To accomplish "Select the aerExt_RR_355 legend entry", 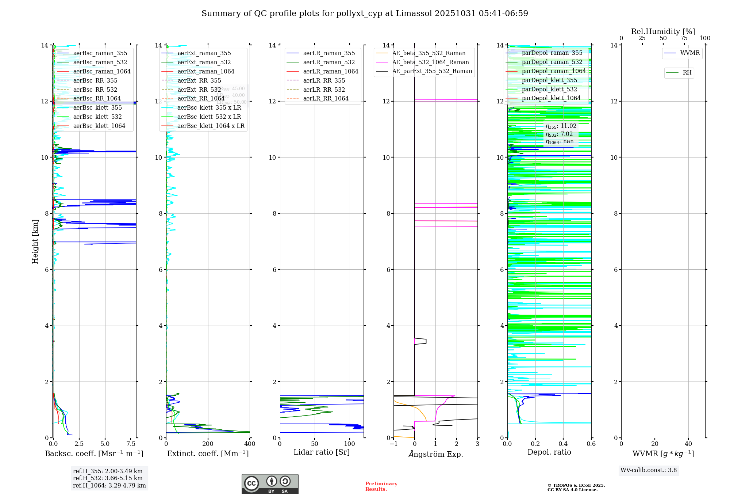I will (x=199, y=80).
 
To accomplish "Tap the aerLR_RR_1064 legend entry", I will (x=326, y=98).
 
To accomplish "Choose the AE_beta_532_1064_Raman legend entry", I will (x=430, y=62).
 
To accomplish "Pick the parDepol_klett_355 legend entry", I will (x=549, y=80).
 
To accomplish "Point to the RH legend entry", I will (x=687, y=73).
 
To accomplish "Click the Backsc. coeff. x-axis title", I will (x=94, y=454).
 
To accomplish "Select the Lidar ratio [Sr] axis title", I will (x=322, y=452).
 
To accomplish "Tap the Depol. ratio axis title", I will (x=549, y=452).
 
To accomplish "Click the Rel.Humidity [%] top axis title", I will (x=663, y=31).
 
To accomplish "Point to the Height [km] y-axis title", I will (x=35, y=242).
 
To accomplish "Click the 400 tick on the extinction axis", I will (x=250, y=444).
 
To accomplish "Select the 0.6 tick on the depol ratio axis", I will (x=591, y=444).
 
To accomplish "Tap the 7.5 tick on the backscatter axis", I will (x=131, y=444).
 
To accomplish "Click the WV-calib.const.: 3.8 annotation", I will (x=649, y=470).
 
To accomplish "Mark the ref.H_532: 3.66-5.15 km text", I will (x=108, y=478).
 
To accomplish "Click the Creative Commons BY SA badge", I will (x=270, y=484).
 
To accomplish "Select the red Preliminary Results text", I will (x=381, y=486).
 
